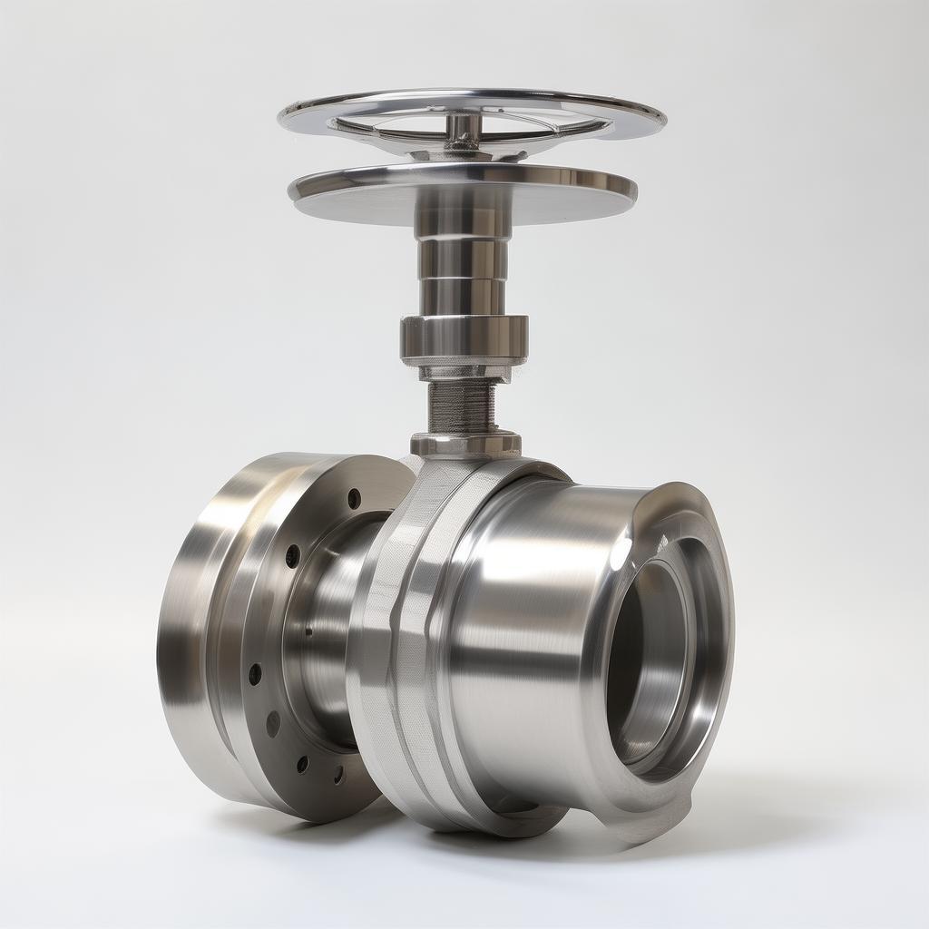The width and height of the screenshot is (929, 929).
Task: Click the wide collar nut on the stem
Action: pyautogui.click(x=464, y=336)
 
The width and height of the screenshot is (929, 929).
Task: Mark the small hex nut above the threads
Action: pyautogui.click(x=464, y=370)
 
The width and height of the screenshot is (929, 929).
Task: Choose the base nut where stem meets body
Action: pyautogui.click(x=464, y=445)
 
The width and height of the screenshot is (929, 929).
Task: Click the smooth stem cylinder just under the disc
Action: pyautogui.click(x=463, y=259)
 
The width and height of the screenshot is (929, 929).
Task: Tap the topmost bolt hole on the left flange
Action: pyautogui.click(x=354, y=498)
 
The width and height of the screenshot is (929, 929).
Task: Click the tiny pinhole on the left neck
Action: pyautogui.click(x=309, y=631)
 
